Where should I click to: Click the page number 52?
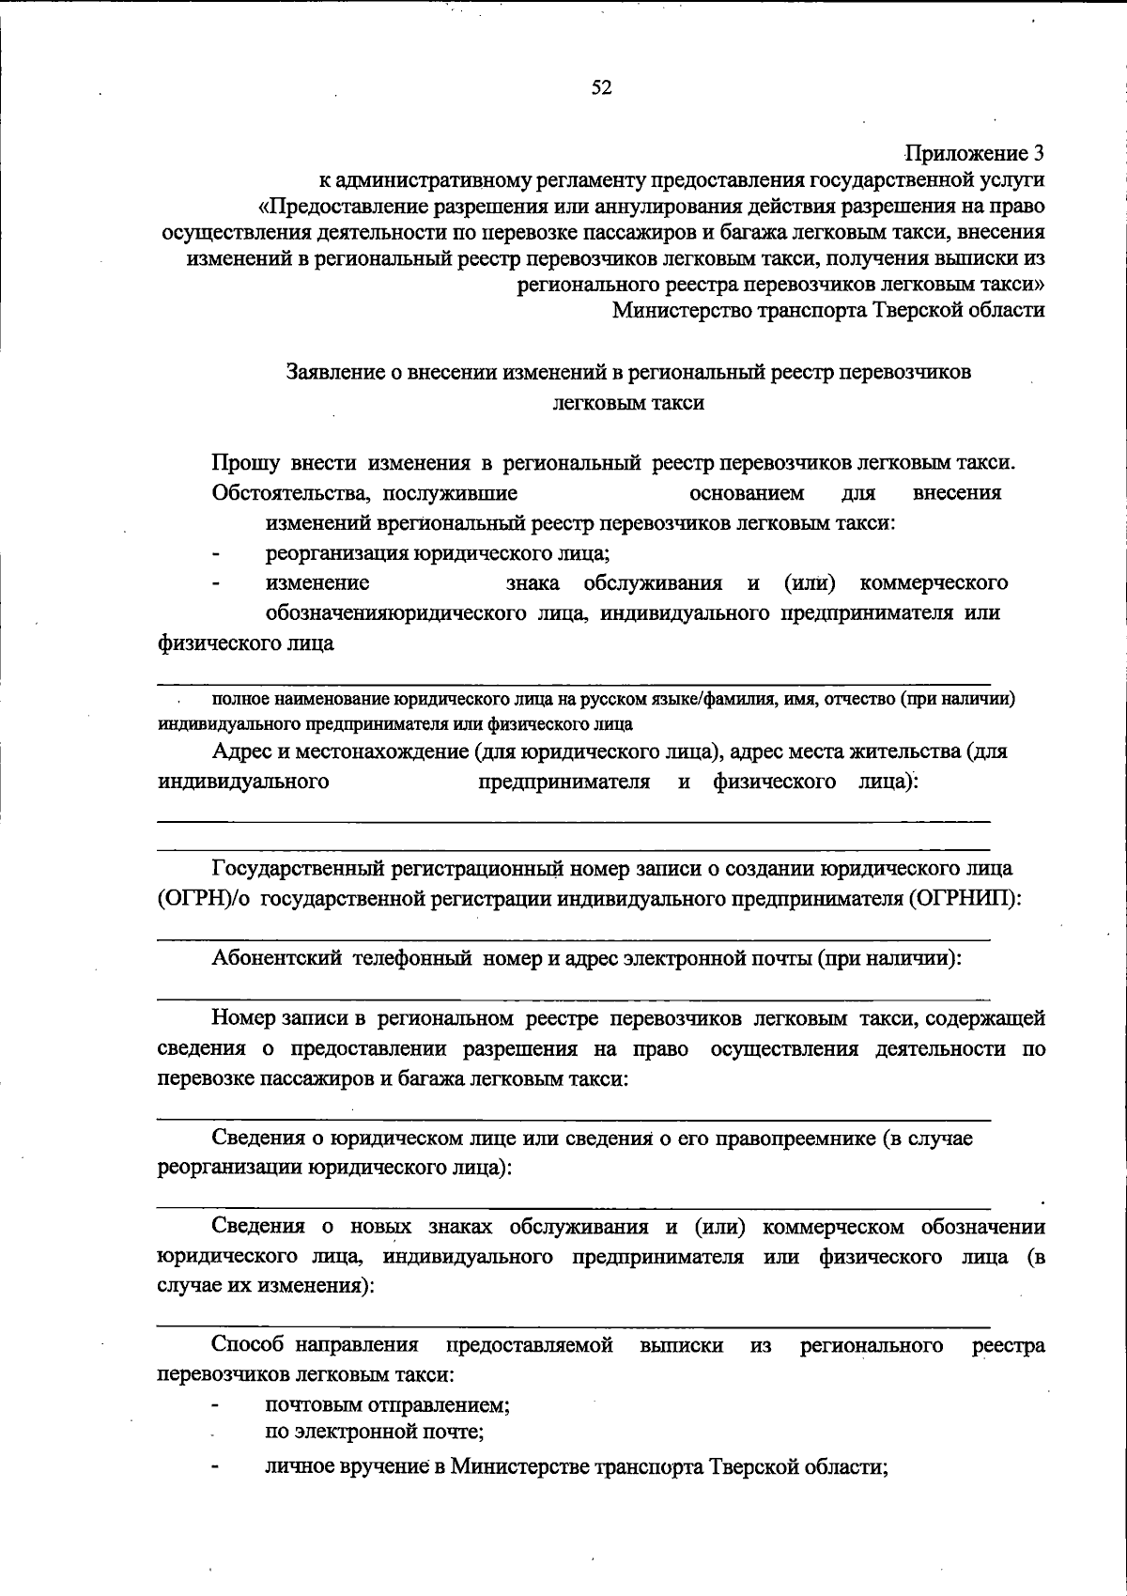601,88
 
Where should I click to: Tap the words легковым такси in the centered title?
628,403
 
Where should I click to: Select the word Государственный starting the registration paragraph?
300,869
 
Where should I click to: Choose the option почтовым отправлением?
387,1406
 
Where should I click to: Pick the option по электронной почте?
374,1433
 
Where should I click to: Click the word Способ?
249,1346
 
